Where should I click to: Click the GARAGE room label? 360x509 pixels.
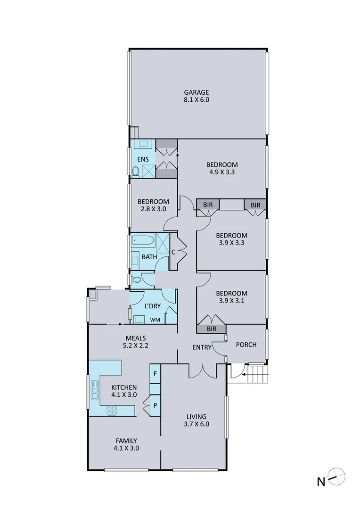(196, 92)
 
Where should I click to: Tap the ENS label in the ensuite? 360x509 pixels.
(143, 159)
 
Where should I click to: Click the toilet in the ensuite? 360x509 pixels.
(136, 172)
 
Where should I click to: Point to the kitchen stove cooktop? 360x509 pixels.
(112, 410)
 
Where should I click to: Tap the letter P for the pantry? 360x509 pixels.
(155, 405)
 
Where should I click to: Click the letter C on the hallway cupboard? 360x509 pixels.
(173, 252)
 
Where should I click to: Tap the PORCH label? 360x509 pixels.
(246, 345)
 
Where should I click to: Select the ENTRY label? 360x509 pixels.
(201, 347)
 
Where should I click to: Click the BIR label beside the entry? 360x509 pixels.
(211, 329)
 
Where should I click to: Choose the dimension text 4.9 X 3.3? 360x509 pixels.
(222, 172)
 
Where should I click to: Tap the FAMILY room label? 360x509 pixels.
(126, 441)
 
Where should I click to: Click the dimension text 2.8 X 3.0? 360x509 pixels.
(154, 209)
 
